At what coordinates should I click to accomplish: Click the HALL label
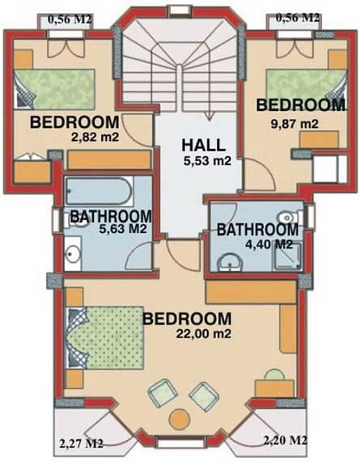pyautogui.click(x=204, y=145)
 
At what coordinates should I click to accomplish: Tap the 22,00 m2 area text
pyautogui.click(x=203, y=333)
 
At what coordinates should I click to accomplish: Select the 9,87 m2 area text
pyautogui.click(x=294, y=124)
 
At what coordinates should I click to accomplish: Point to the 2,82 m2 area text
pyautogui.click(x=95, y=137)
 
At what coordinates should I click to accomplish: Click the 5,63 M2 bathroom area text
pyautogui.click(x=123, y=229)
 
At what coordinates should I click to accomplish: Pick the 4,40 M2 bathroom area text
pyautogui.click(x=269, y=244)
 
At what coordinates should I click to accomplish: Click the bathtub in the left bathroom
pyautogui.click(x=99, y=191)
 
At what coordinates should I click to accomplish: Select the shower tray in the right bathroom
pyautogui.click(x=287, y=256)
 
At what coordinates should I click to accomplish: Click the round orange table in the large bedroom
pyautogui.click(x=180, y=419)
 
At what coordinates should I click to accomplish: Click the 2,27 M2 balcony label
pyautogui.click(x=81, y=443)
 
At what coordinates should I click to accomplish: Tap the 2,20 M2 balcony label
pyautogui.click(x=286, y=441)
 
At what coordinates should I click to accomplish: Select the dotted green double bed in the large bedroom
pyautogui.click(x=105, y=337)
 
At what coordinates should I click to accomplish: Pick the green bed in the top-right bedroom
pyautogui.click(x=307, y=86)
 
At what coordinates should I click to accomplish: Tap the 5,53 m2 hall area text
pyautogui.click(x=207, y=161)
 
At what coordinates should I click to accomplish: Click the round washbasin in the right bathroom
pyautogui.click(x=230, y=261)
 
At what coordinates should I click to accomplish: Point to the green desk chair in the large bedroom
pyautogui.click(x=275, y=375)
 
